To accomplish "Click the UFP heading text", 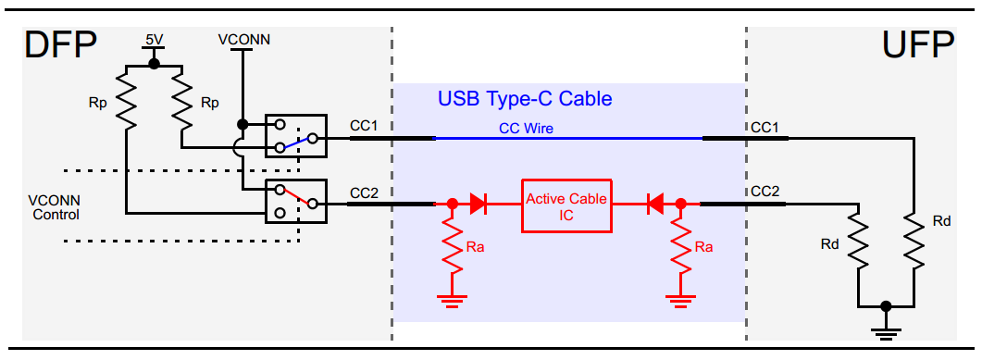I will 920,47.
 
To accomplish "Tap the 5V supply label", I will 154,40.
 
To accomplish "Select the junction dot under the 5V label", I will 154,64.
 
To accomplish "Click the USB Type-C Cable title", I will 525,98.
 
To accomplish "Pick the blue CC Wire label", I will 525,129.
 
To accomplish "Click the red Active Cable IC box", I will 566,205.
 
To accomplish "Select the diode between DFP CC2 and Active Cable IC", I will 479,203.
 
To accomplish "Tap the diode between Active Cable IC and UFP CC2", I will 654,203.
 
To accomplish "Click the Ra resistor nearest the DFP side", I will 452,246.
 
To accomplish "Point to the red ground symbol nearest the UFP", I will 680,298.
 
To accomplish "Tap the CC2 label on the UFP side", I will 764,192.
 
